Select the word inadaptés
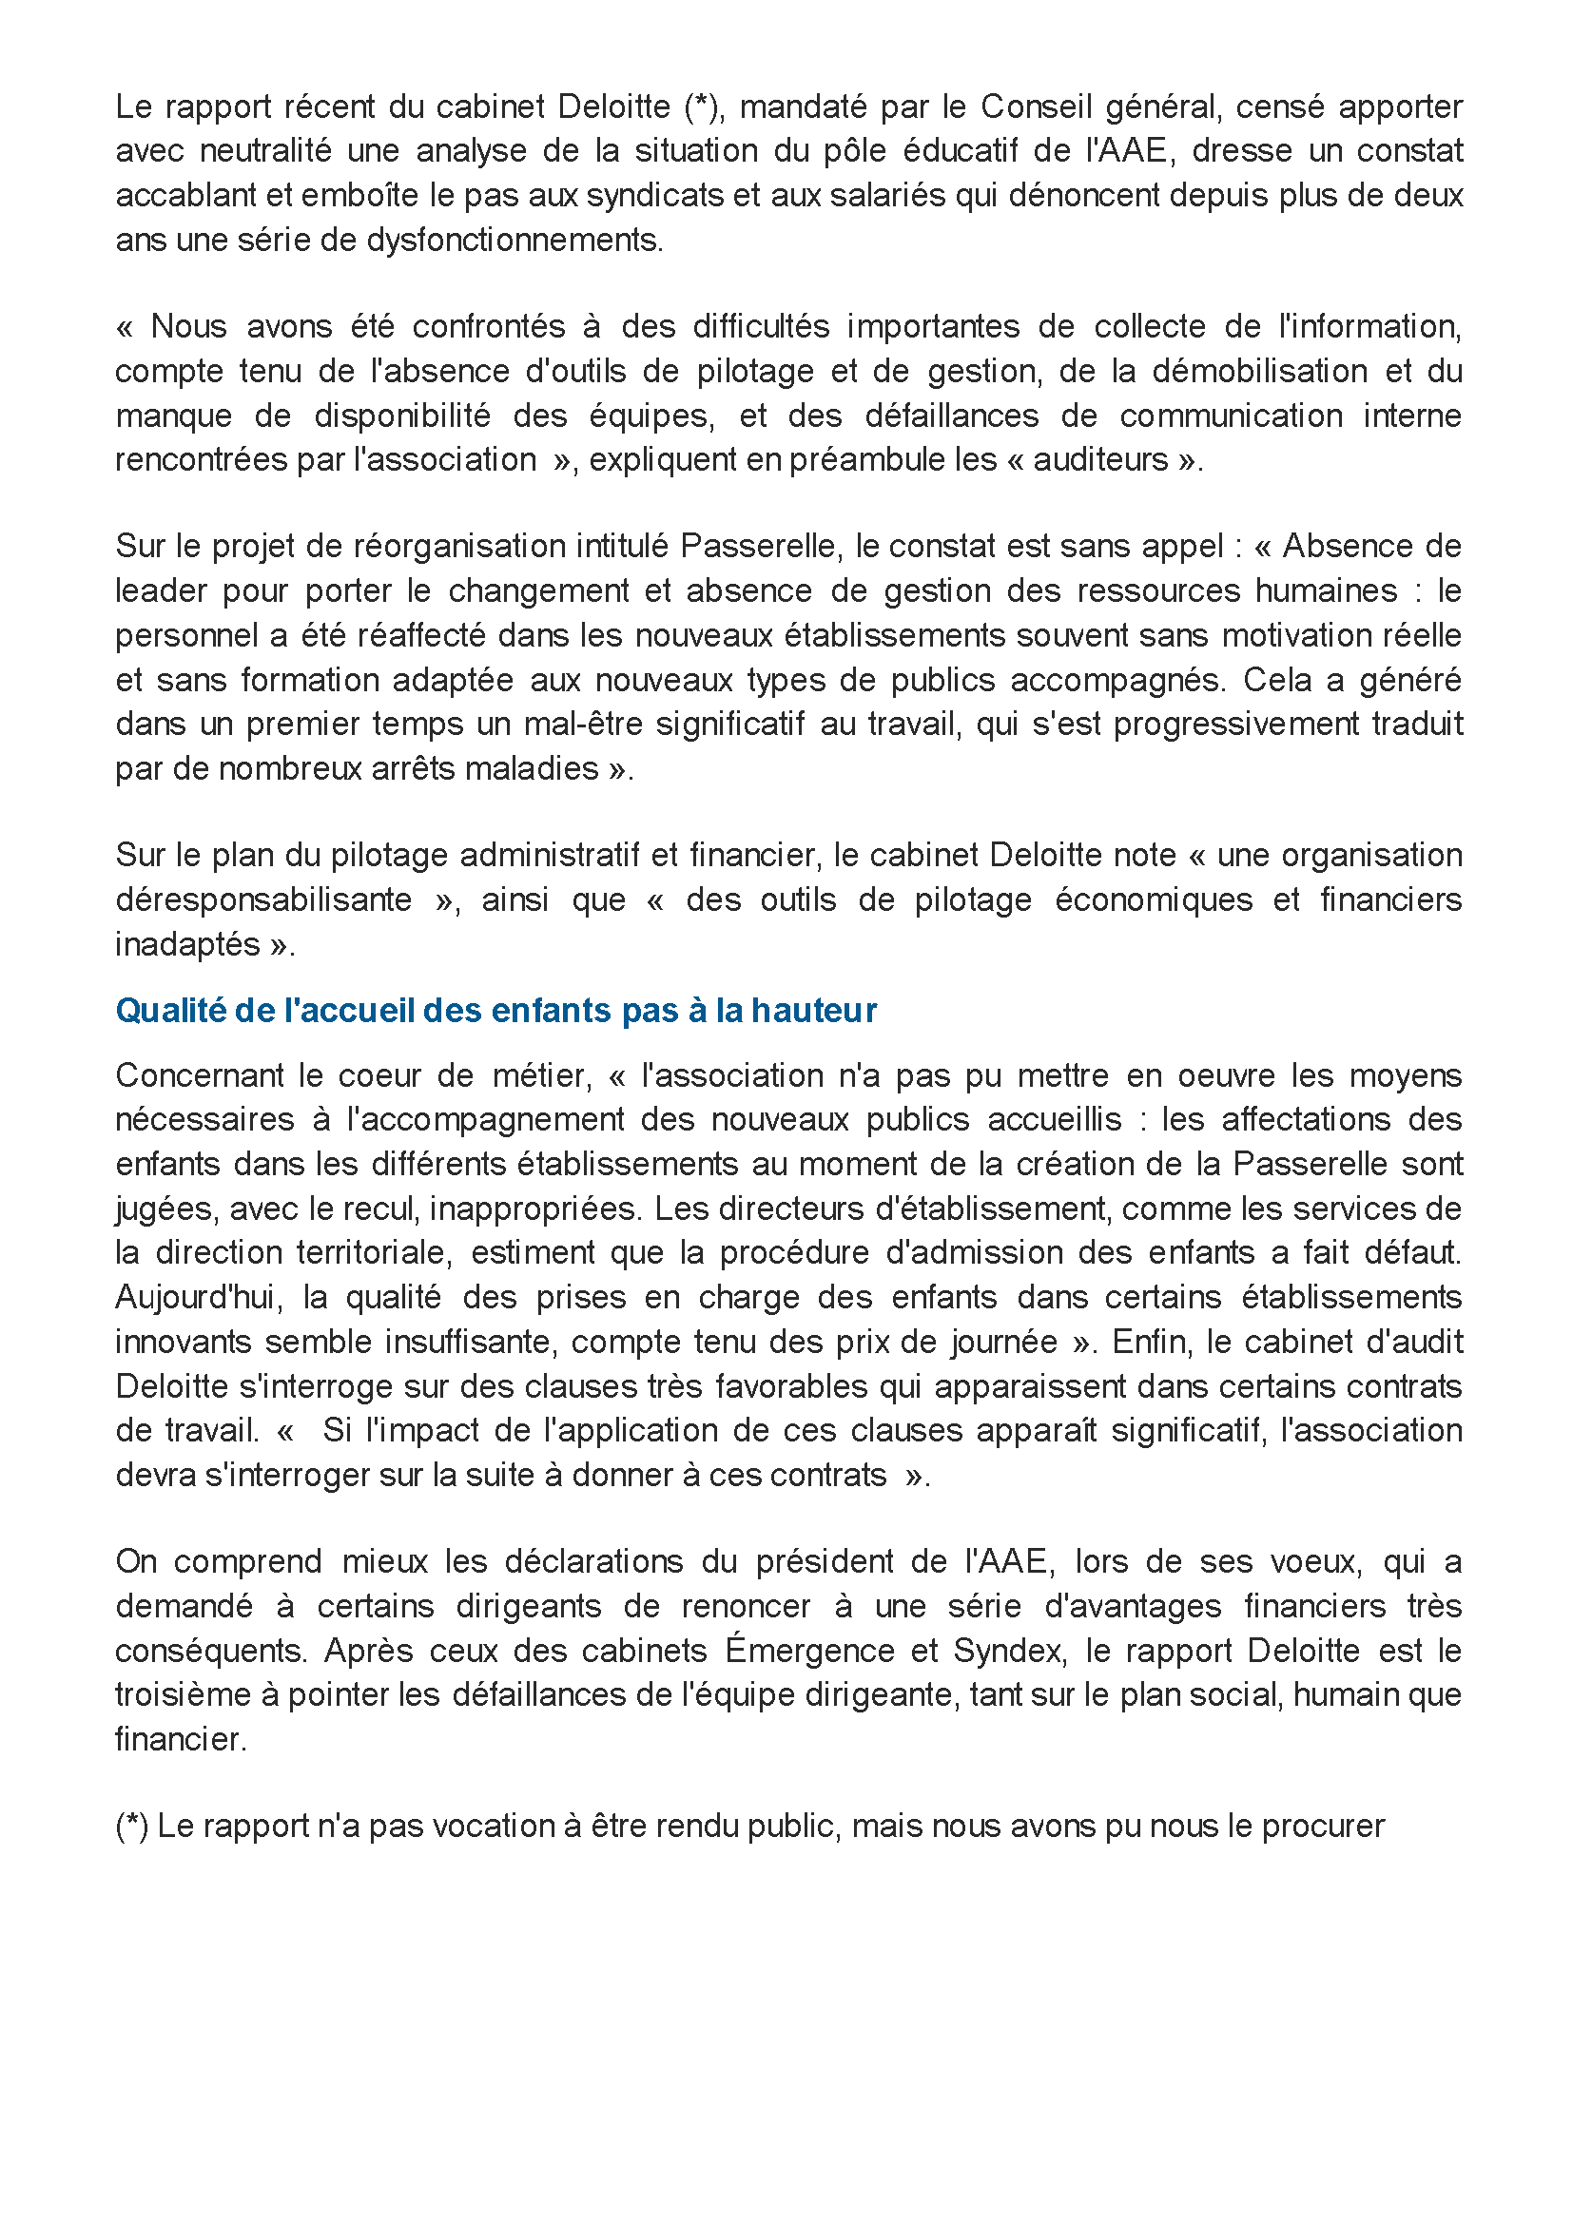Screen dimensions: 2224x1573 [187, 944]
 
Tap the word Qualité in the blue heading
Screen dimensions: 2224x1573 [169, 1011]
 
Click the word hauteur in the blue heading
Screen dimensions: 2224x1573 [814, 1011]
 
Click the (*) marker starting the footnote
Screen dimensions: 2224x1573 [132, 1827]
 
